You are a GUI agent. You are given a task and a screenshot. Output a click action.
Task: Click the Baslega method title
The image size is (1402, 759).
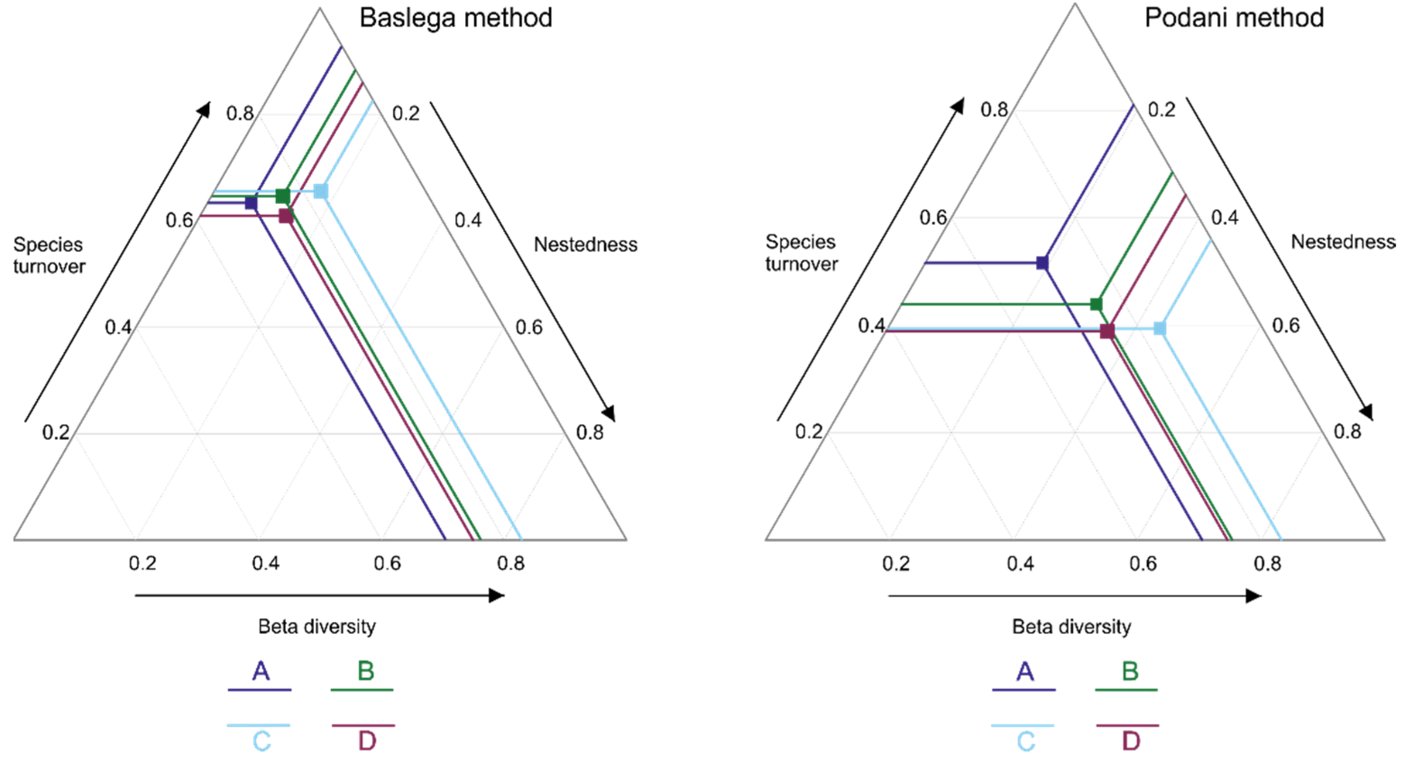pyautogui.click(x=456, y=18)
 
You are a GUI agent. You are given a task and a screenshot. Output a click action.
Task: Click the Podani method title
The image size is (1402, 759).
pyautogui.click(x=1234, y=18)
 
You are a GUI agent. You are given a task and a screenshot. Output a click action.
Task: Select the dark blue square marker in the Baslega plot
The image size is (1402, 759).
pyautogui.click(x=251, y=203)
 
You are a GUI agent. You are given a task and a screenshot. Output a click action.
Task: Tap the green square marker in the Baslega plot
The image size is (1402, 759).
pyautogui.click(x=283, y=195)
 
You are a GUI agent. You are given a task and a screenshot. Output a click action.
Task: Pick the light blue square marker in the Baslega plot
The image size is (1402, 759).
pyautogui.click(x=321, y=191)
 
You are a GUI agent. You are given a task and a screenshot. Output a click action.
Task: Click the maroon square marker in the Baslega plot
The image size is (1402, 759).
pyautogui.click(x=286, y=216)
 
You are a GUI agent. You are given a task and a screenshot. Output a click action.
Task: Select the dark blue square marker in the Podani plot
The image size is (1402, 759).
pyautogui.click(x=1042, y=263)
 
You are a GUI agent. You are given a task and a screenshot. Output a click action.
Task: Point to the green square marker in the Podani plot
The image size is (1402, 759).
pyautogui.click(x=1096, y=304)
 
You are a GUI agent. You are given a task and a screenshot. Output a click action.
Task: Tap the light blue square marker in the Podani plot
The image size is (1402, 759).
pyautogui.click(x=1160, y=328)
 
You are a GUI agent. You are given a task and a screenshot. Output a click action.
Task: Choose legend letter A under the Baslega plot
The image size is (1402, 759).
pyautogui.click(x=261, y=672)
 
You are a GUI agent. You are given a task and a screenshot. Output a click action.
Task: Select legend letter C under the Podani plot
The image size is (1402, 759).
pyautogui.click(x=1026, y=741)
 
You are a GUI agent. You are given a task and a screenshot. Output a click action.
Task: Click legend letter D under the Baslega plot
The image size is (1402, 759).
pyautogui.click(x=367, y=741)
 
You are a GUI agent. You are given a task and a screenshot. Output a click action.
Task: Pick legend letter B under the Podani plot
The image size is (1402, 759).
pyautogui.click(x=1130, y=672)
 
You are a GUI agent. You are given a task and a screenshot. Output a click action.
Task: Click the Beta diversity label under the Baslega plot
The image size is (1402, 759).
pyautogui.click(x=317, y=627)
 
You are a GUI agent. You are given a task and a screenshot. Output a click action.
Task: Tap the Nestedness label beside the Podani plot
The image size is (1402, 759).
pyautogui.click(x=1343, y=242)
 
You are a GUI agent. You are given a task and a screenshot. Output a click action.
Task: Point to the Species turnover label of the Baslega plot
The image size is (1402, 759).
pyautogui.click(x=49, y=255)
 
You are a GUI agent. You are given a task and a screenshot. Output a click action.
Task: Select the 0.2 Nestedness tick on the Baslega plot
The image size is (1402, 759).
pyautogui.click(x=406, y=113)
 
